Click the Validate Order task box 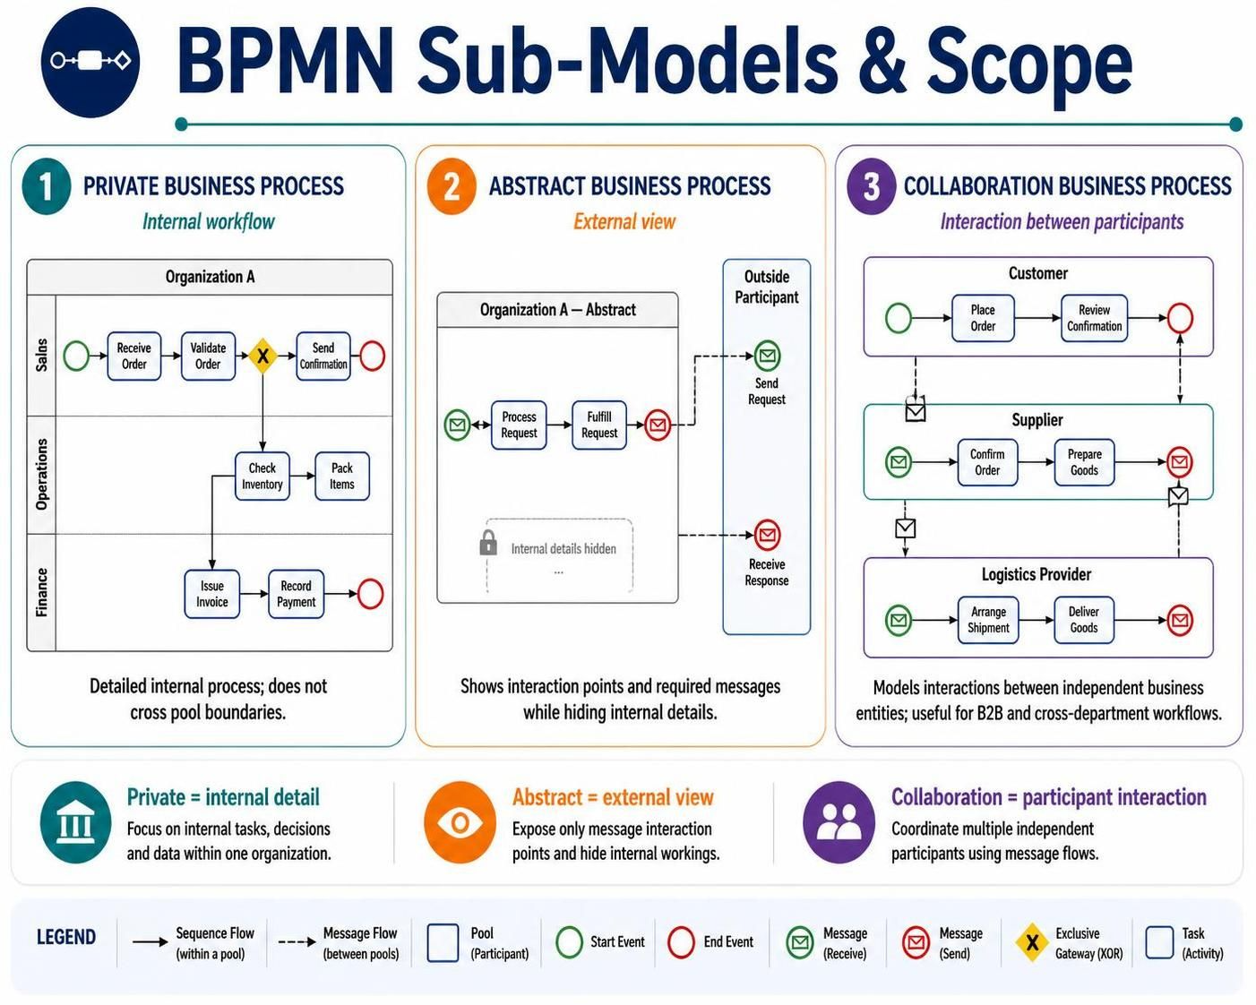click(208, 356)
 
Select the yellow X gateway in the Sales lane click(262, 356)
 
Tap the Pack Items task click(342, 476)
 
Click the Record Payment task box click(296, 594)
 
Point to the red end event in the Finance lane click(371, 594)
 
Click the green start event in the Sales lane click(76, 356)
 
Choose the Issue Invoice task click(211, 594)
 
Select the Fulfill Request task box click(598, 425)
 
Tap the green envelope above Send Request click(768, 356)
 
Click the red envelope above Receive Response click(768, 535)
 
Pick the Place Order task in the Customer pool click(983, 318)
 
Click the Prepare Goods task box click(1084, 462)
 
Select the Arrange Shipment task click(988, 620)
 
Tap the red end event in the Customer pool click(1180, 318)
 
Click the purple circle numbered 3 click(871, 187)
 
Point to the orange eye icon click(460, 823)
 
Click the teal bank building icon click(76, 823)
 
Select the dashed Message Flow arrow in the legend click(297, 942)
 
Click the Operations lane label click(41, 475)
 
